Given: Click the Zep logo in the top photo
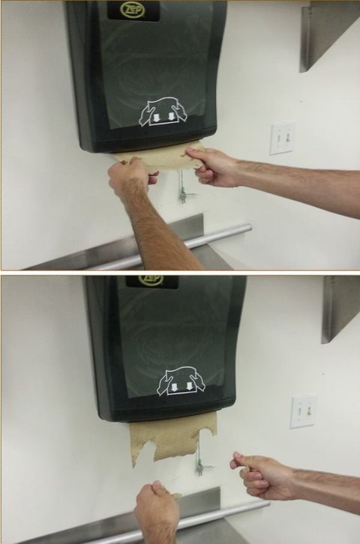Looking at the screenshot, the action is pyautogui.click(x=132, y=10).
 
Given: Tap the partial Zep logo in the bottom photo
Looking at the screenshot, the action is pyautogui.click(x=151, y=279).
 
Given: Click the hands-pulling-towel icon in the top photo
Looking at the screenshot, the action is pyautogui.click(x=163, y=112).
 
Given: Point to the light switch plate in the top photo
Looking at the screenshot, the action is pyautogui.click(x=281, y=139).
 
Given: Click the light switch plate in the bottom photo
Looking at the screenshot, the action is pyautogui.click(x=303, y=412).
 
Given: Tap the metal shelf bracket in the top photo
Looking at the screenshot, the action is pyautogui.click(x=329, y=37).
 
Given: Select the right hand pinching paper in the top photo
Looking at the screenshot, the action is pyautogui.click(x=211, y=166).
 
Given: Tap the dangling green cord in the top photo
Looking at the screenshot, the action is pyautogui.click(x=182, y=187).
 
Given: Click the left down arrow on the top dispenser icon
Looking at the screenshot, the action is pyautogui.click(x=156, y=118).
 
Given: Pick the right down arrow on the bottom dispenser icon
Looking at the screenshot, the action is pyautogui.click(x=189, y=387).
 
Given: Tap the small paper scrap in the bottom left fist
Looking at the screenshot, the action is pyautogui.click(x=176, y=497).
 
